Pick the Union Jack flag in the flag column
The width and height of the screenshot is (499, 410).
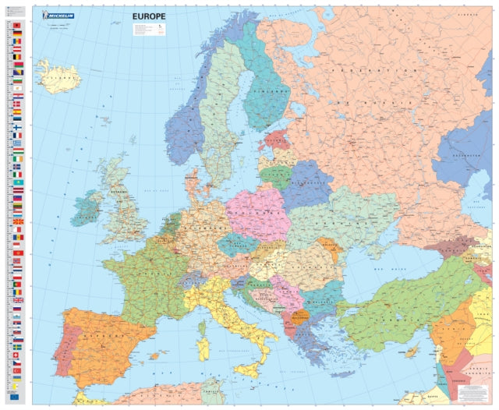click(17, 299)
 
